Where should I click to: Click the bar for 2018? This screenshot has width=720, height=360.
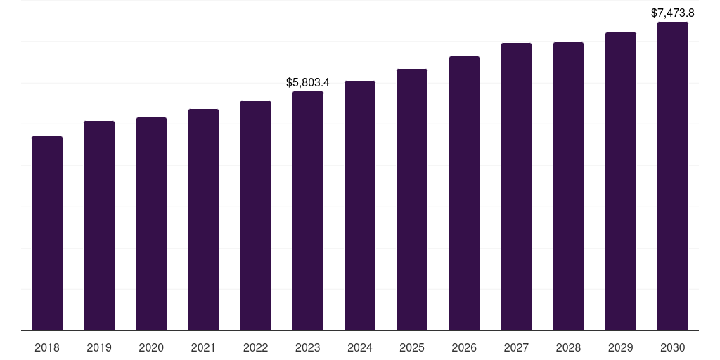point(47,233)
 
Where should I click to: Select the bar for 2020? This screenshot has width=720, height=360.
point(151,224)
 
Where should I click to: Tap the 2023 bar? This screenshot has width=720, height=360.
point(308,211)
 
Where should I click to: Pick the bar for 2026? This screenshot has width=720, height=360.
point(464,193)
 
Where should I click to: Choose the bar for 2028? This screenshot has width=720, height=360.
point(568,186)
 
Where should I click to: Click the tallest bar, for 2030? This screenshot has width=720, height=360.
point(673,176)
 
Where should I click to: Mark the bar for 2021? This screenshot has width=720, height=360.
point(203,219)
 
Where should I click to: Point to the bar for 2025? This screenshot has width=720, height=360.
point(412,200)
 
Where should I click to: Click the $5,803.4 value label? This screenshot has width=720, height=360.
point(308,82)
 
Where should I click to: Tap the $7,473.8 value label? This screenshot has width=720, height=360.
point(673,13)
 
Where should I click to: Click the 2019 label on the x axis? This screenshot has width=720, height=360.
point(99,347)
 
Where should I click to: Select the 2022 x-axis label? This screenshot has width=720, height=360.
point(255,347)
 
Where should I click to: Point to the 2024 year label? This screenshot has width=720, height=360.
point(360,347)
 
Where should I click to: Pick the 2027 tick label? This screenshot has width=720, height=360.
point(516,347)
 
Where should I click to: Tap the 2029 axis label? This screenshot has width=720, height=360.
point(620,347)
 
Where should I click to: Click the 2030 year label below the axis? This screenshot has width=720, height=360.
point(673,347)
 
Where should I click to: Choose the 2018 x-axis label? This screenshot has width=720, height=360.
point(47,347)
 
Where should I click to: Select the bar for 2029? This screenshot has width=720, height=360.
point(620,181)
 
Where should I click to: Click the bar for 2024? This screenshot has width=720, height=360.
point(360,205)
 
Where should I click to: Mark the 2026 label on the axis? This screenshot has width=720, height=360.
point(464,347)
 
